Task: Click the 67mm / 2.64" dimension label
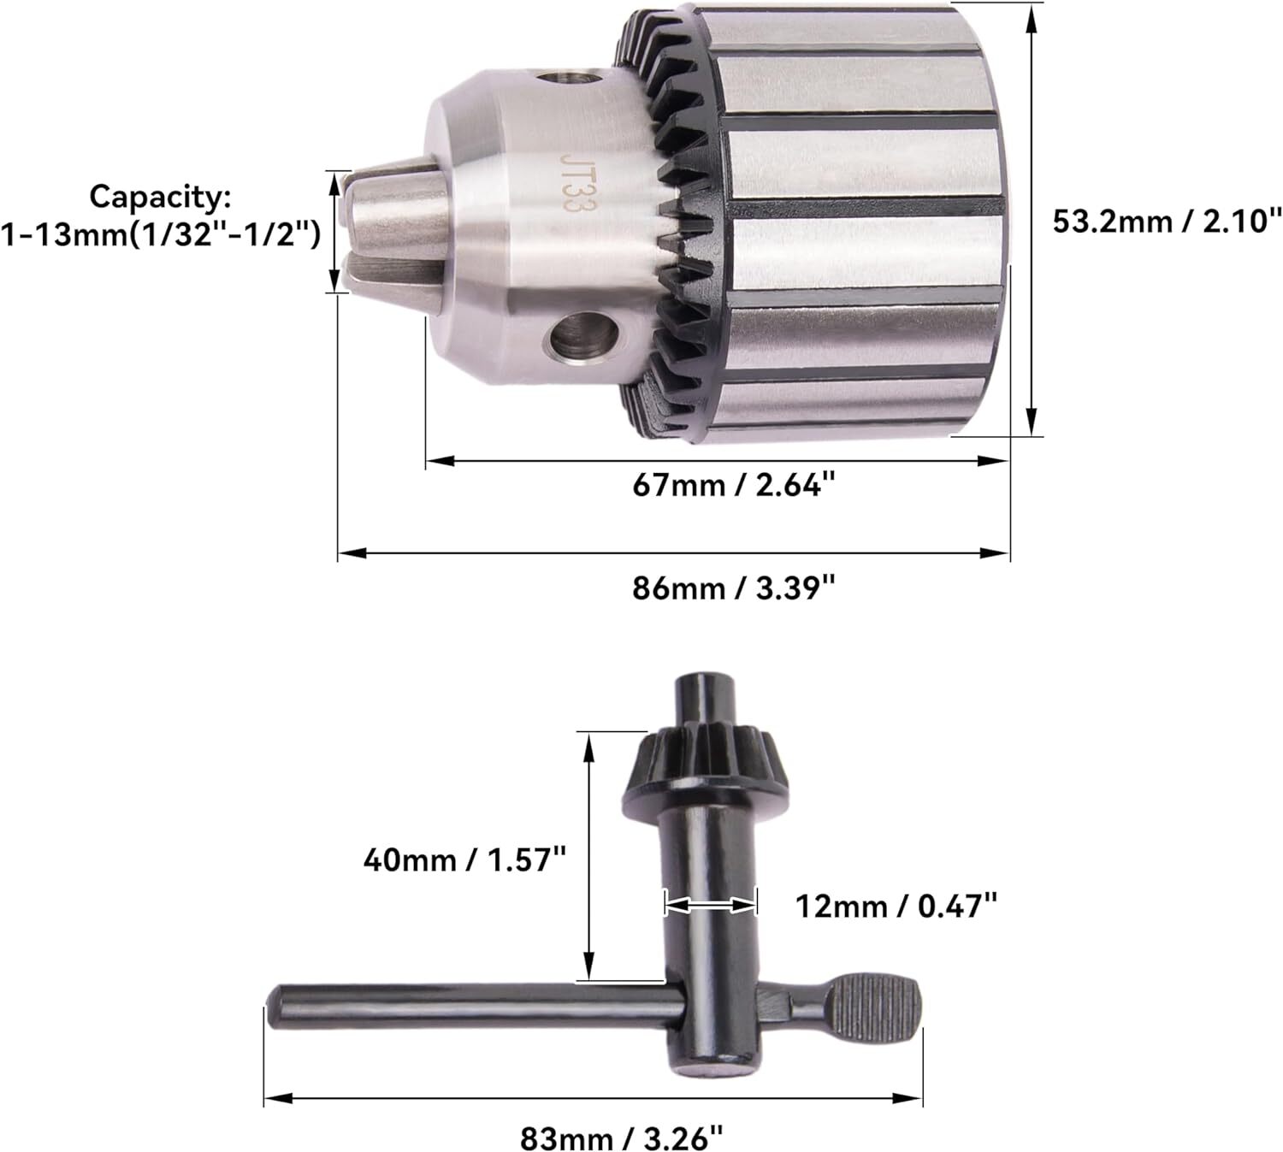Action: point(733,485)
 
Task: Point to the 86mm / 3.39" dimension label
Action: point(733,588)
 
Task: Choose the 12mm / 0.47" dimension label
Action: point(896,904)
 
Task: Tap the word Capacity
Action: point(160,197)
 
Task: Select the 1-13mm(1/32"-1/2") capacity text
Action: point(160,233)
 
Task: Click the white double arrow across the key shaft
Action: point(710,904)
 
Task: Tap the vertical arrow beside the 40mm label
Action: point(588,855)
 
